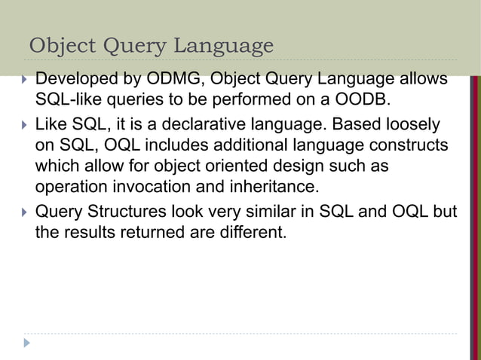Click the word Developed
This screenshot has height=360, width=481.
(x=75, y=79)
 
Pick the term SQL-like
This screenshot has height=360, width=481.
(x=69, y=98)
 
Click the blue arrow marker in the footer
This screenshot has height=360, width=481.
(x=28, y=343)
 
